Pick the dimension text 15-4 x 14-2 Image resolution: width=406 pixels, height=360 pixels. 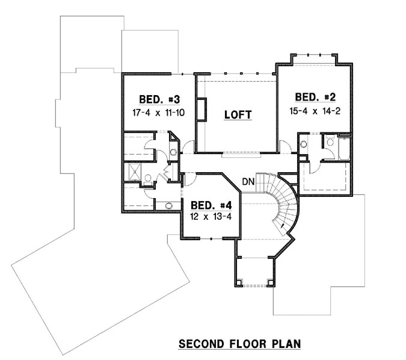313,111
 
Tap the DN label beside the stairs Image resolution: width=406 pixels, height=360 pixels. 249,181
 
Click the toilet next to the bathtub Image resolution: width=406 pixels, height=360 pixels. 330,142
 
